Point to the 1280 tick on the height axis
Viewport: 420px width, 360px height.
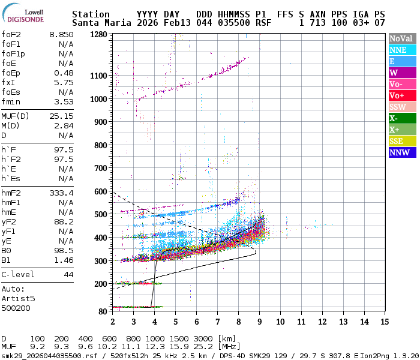click(98, 35)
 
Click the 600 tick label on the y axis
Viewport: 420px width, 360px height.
click(101, 191)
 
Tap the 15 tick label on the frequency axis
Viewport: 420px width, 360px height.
click(383, 322)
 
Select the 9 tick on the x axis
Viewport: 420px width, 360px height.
click(260, 322)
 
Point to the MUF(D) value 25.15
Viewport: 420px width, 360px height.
click(61, 116)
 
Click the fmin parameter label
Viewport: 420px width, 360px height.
click(11, 102)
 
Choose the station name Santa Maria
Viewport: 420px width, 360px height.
click(98, 23)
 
